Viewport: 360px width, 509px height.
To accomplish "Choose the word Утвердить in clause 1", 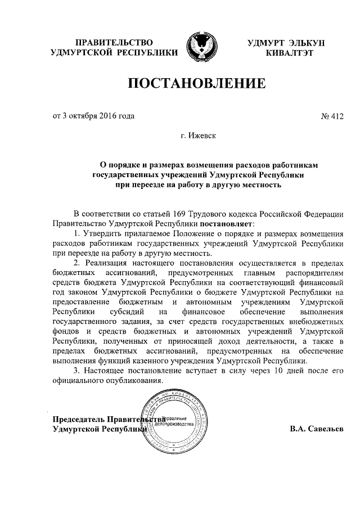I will pos(103,233).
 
